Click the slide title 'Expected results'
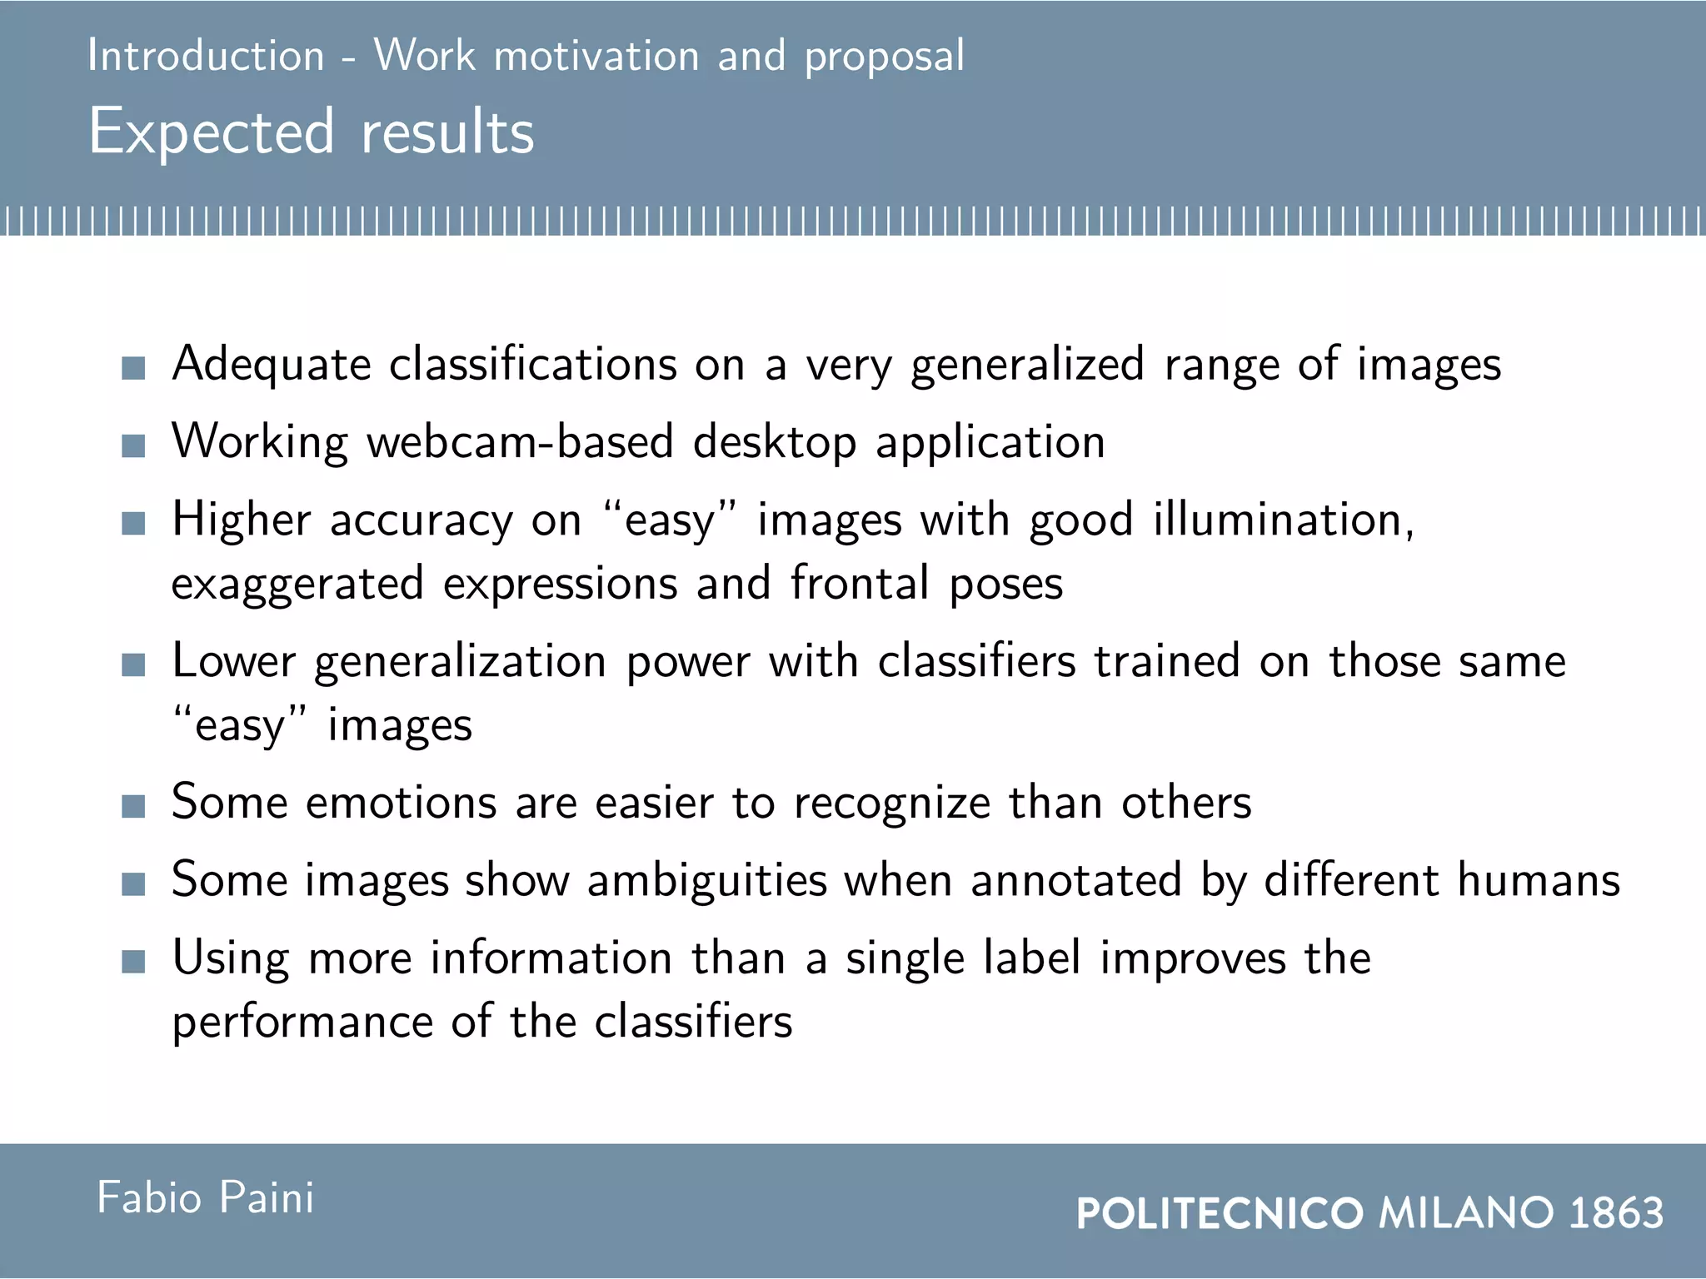[311, 132]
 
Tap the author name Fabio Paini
[206, 1198]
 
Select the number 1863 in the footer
[1616, 1212]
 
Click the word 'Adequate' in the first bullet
[271, 366]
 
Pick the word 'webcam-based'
[520, 442]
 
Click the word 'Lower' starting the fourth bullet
[233, 662]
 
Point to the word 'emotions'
[401, 804]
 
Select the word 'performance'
[302, 1023]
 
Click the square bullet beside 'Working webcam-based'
[133, 445]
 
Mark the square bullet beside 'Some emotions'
[133, 806]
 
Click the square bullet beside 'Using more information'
[133, 962]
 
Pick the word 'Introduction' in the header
[206, 57]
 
